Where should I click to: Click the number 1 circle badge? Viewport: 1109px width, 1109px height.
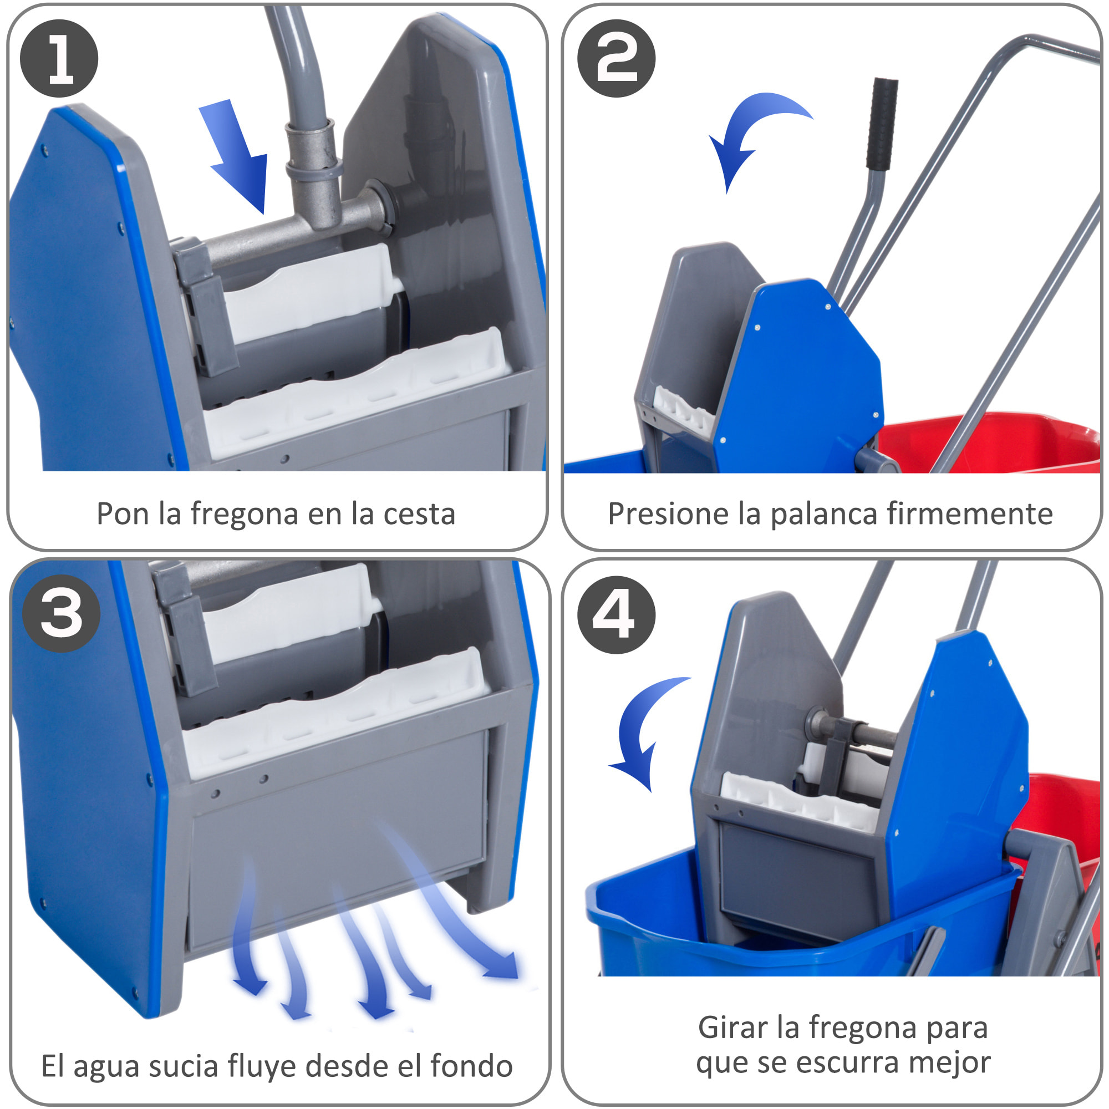coord(59,59)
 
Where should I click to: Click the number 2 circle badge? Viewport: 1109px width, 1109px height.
coord(617,59)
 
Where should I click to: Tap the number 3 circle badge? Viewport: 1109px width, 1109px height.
coord(62,613)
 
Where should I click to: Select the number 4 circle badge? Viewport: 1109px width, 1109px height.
coord(617,615)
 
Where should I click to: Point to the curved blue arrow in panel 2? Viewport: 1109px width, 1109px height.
coord(746,132)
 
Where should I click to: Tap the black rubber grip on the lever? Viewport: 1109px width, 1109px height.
coord(882,124)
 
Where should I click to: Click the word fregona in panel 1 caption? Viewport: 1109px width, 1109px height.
coord(245,515)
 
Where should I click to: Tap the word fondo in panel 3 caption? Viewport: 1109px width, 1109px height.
coord(471,1066)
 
